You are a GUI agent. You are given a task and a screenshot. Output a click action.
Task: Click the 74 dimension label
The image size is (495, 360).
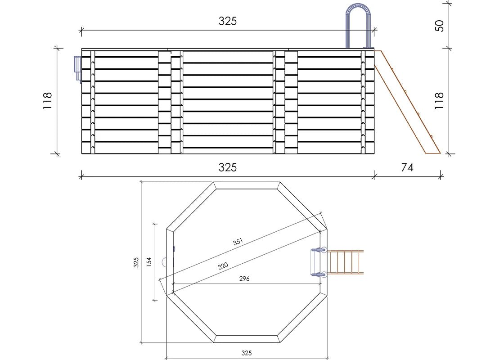point(407,167)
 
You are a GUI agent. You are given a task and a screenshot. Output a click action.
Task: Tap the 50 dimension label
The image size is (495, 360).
point(439,26)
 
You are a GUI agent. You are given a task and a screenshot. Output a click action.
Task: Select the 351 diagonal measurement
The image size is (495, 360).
point(238,242)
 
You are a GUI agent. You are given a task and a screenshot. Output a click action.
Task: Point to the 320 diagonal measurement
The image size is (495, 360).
point(223,266)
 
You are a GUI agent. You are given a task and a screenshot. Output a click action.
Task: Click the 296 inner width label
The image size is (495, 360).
point(244,279)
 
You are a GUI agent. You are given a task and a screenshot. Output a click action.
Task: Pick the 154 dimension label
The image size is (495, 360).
point(149,262)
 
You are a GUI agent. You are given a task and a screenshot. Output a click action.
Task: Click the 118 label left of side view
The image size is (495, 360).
point(47,101)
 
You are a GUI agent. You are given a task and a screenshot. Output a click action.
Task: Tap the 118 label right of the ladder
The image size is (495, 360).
point(439,101)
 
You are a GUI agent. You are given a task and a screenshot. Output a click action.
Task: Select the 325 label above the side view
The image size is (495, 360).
point(228,21)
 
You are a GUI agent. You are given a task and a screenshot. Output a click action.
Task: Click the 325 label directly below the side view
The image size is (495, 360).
point(228,167)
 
